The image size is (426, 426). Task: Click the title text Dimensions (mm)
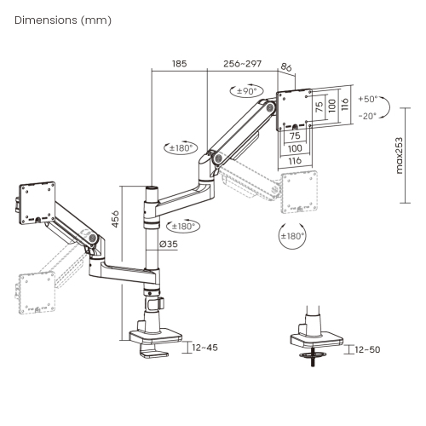[62, 20]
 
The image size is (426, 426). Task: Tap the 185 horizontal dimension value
[179, 63]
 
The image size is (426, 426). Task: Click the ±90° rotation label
[244, 90]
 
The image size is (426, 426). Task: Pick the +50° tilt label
[367, 99]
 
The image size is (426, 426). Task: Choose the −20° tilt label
[367, 115]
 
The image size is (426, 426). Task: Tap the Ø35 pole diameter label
[170, 245]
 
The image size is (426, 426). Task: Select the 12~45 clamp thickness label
[204, 348]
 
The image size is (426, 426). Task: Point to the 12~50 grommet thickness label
[368, 349]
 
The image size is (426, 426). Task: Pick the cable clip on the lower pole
[153, 301]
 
